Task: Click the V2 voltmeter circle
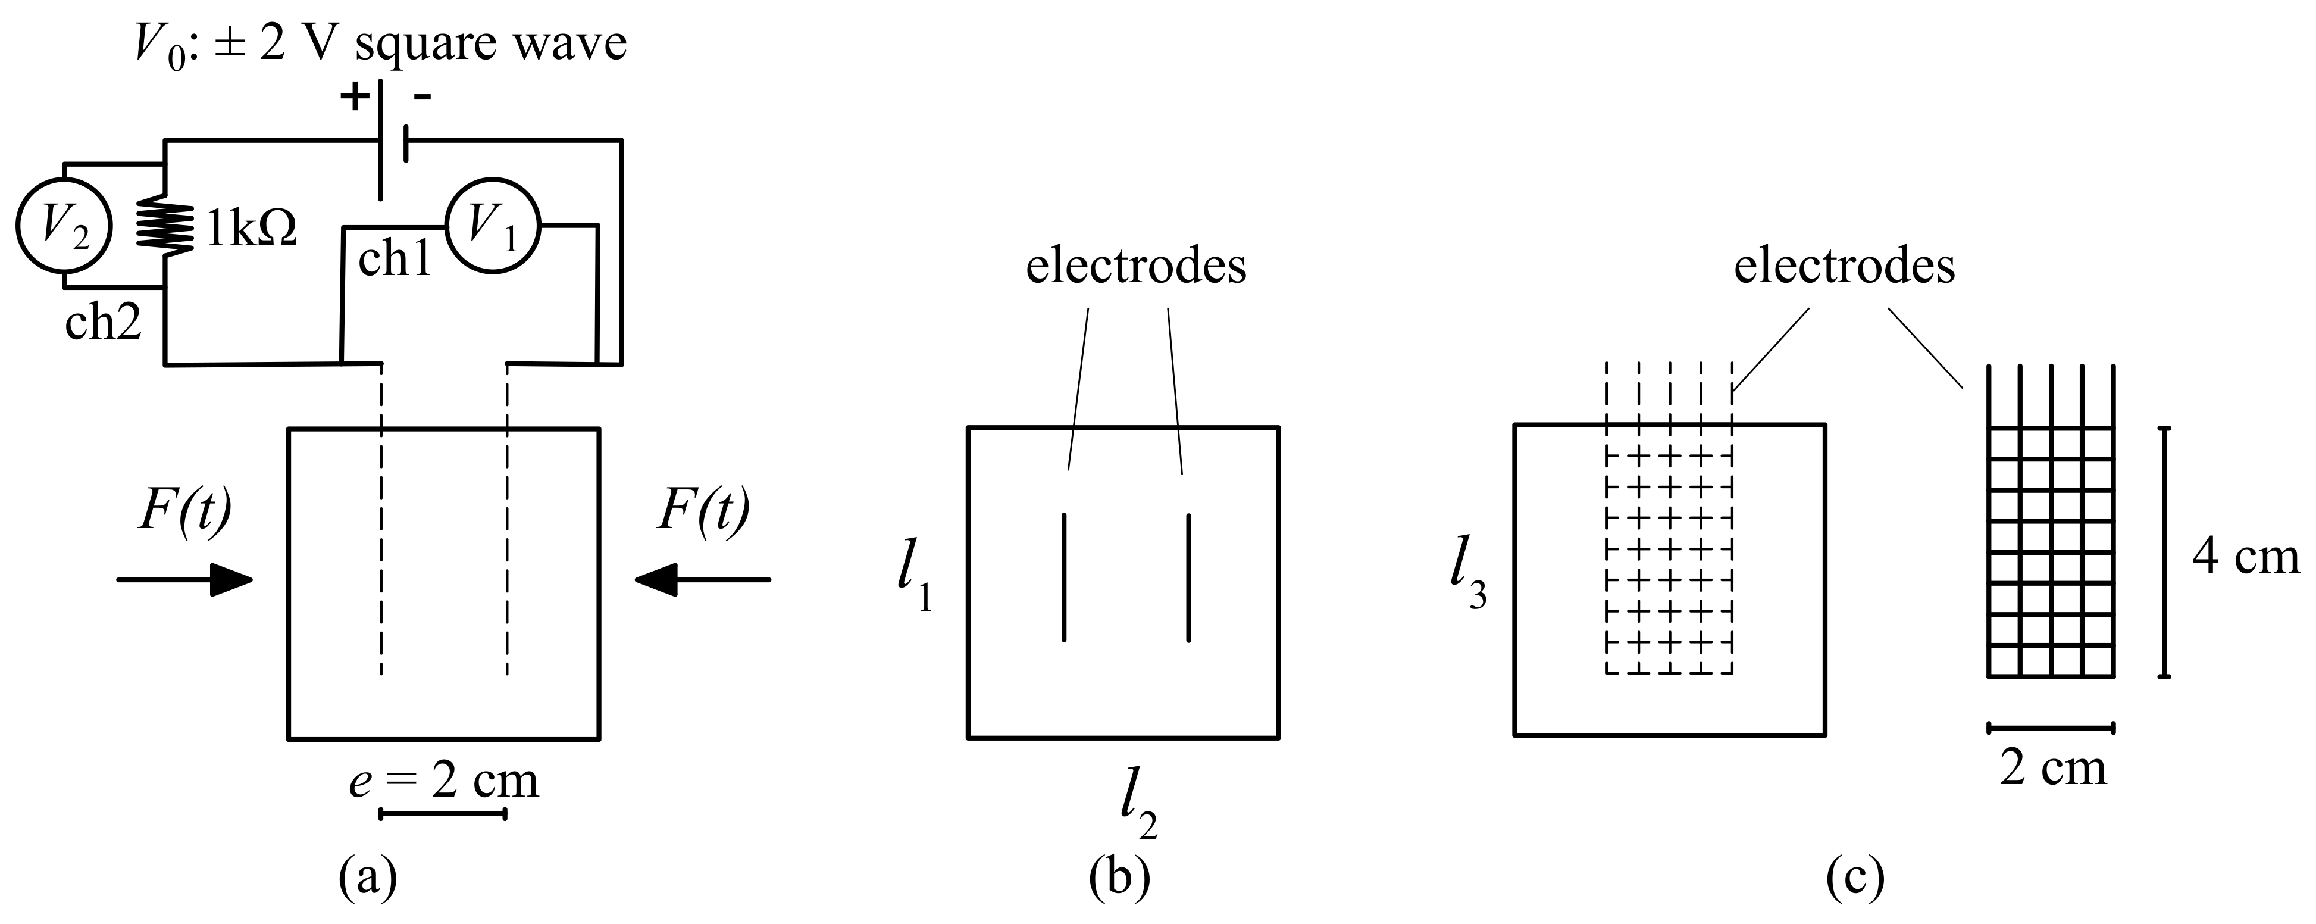coord(64,226)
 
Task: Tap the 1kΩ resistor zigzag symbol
coord(165,226)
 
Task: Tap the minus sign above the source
coord(422,96)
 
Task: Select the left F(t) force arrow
coord(184,580)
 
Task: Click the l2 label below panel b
coord(1137,803)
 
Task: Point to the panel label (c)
coord(1855,879)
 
